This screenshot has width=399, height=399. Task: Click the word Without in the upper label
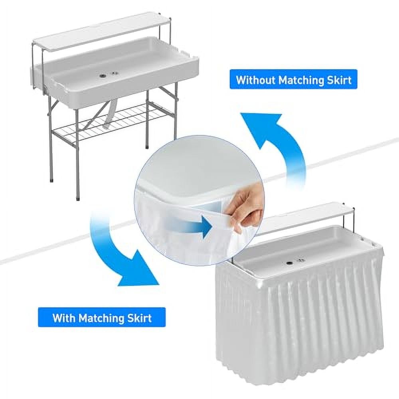coord(255,80)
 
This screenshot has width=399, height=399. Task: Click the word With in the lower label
coord(64,318)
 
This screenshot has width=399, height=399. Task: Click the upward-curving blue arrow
coord(275,140)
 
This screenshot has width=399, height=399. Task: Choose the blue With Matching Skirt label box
coord(102,318)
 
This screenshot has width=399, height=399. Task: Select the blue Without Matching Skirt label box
coord(293,80)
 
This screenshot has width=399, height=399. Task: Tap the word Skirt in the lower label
coord(138,318)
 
